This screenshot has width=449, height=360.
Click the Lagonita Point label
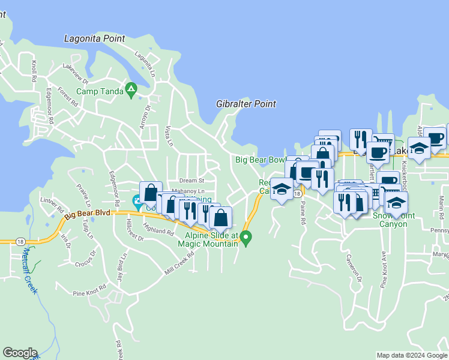94,39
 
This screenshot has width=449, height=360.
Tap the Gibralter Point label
246,104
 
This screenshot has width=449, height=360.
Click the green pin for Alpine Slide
246,239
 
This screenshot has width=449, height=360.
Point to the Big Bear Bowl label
260,160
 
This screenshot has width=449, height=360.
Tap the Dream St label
191,180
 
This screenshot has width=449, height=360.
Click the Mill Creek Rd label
179,263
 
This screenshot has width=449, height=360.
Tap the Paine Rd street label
303,212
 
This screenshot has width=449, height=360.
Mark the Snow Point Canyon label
390,220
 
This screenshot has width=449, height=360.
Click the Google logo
20,353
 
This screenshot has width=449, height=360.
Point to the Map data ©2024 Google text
412,355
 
